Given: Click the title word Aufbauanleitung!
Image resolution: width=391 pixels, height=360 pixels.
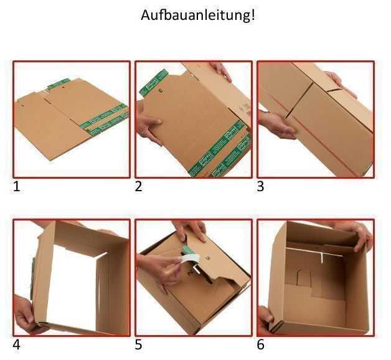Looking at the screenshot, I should coord(198,16).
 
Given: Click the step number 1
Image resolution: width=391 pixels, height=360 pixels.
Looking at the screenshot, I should coord(17,186).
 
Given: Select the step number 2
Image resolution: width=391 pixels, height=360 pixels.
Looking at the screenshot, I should coord(138,186).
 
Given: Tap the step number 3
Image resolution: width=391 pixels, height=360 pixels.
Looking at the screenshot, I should coord(260,186).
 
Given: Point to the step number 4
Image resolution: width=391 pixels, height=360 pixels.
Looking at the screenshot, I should coord(17,344).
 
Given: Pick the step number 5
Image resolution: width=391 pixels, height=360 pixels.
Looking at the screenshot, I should coord(138,344).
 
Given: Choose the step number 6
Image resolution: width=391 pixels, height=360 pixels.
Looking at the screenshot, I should coord(260,344).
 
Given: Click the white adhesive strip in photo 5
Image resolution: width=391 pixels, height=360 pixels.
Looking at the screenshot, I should coord(189,259).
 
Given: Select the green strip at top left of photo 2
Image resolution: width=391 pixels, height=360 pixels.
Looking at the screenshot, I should coord(152,82).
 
